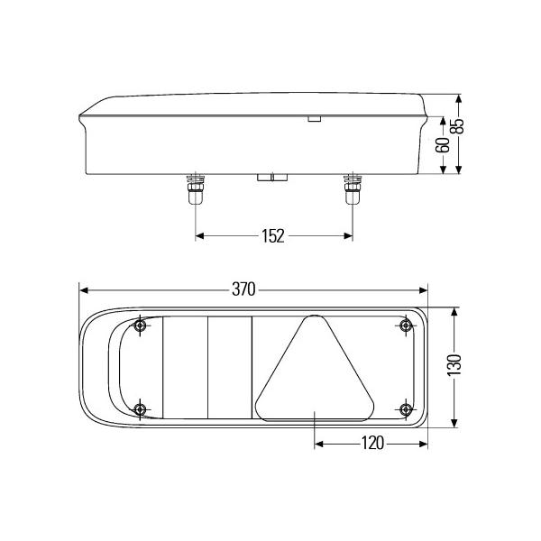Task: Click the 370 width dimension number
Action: click(243, 289)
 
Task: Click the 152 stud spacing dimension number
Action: click(273, 236)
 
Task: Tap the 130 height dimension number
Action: click(454, 365)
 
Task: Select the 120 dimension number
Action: click(372, 443)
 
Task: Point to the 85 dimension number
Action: click(458, 126)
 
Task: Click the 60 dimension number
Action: click(443, 144)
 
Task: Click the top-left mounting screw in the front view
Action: click(140, 325)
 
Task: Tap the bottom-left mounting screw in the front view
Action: click(140, 409)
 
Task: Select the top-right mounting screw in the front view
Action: click(406, 325)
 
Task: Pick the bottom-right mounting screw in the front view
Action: click(406, 409)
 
